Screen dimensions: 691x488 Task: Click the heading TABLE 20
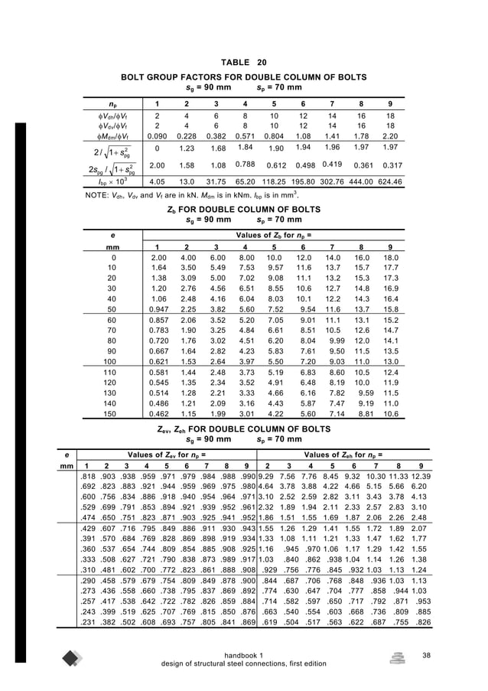243,62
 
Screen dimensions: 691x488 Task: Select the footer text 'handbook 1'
243,654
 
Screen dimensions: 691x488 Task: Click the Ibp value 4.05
157,184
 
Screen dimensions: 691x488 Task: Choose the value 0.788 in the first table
244,163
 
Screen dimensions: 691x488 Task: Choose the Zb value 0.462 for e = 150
157,415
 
